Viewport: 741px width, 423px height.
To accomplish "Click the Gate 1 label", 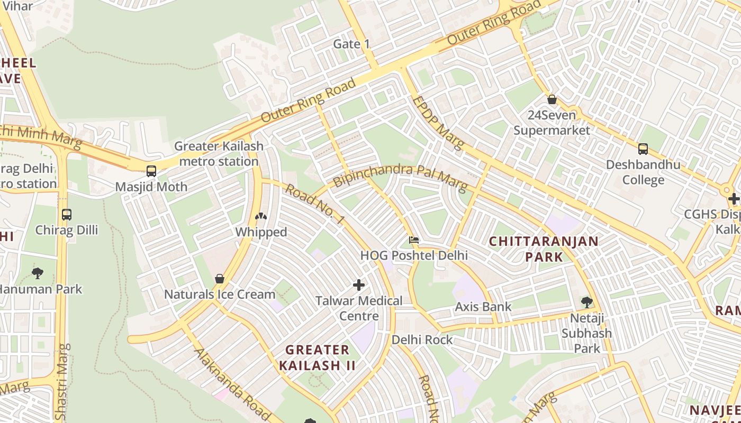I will [x=351, y=44].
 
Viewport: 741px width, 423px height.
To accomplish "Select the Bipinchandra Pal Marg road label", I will [x=400, y=177].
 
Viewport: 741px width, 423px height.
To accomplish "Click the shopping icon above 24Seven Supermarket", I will [x=552, y=99].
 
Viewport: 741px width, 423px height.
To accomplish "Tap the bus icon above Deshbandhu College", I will [x=643, y=149].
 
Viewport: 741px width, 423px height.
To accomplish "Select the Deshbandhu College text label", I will [x=643, y=172].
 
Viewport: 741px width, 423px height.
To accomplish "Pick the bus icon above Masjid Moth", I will [x=151, y=171].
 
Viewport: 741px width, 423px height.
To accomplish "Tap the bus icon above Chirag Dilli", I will [x=67, y=215].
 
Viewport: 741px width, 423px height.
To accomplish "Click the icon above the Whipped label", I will [x=261, y=216].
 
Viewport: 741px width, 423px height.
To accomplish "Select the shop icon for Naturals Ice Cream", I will [x=220, y=279].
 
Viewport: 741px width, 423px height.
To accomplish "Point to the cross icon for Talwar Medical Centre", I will [x=359, y=285].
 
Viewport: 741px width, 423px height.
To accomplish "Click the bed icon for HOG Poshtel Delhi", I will [x=414, y=241].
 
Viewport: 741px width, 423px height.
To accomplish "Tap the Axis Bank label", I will [x=483, y=307].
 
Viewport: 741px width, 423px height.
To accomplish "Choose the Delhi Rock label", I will [x=422, y=339].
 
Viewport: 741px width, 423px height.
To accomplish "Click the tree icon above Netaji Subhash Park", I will [x=586, y=302].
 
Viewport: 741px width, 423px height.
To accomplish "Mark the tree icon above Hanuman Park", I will [x=38, y=273].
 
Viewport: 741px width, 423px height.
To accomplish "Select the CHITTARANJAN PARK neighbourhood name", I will [x=544, y=249].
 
